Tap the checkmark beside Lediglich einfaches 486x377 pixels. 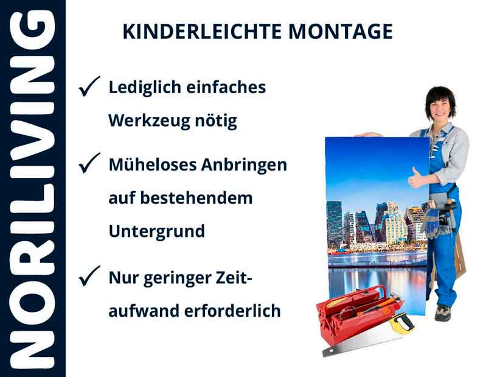tap(89, 88)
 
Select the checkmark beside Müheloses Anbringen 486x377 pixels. tap(89, 163)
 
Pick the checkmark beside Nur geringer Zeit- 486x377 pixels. tap(89, 278)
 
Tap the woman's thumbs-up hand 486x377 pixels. tap(417, 178)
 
